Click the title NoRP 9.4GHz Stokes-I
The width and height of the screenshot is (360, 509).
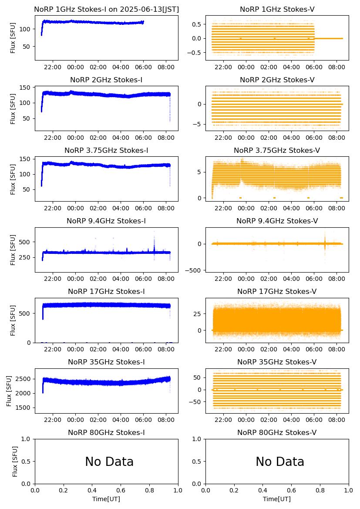pos(106,221)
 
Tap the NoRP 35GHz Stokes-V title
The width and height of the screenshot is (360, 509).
pos(277,362)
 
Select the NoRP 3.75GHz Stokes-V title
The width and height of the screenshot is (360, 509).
pos(277,150)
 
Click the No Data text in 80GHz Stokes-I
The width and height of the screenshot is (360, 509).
pos(109,462)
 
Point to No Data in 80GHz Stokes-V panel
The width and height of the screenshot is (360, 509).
pos(280,462)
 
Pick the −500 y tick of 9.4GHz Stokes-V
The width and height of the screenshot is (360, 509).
pos(195,270)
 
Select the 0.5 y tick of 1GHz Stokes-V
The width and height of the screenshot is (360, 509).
pos(198,24)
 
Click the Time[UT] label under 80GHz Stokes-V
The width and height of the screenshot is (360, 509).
pos(277,499)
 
